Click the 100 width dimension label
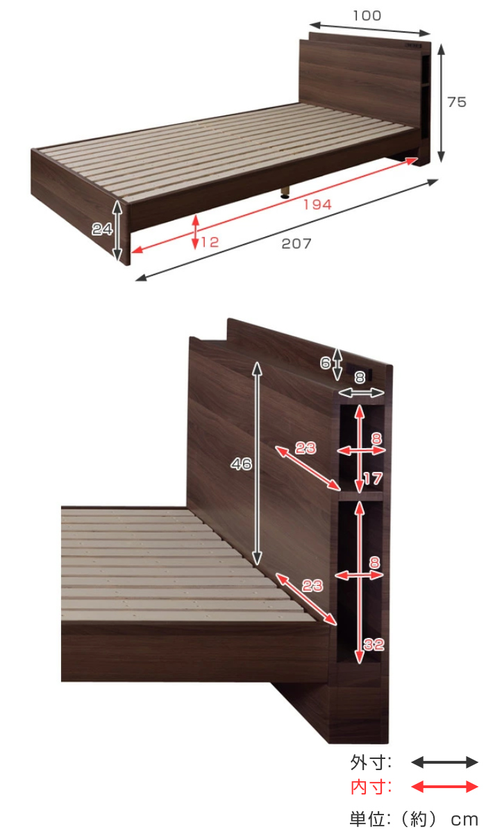coord(367,15)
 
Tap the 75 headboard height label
coord(456,102)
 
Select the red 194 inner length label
coord(317,204)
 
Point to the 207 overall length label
coord(296,243)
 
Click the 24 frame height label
coord(102,229)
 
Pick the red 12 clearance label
coord(210,243)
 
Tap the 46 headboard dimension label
coord(241,464)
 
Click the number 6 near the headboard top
coord(326,363)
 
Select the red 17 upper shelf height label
coord(373,479)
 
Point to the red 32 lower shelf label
coord(374,644)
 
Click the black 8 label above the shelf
coord(360,377)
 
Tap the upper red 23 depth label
coord(305,448)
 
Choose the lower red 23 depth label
coord(312,586)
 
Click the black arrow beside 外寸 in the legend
coord(444,762)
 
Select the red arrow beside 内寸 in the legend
coord(444,787)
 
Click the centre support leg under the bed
coord(285,191)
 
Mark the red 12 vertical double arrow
coord(195,232)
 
